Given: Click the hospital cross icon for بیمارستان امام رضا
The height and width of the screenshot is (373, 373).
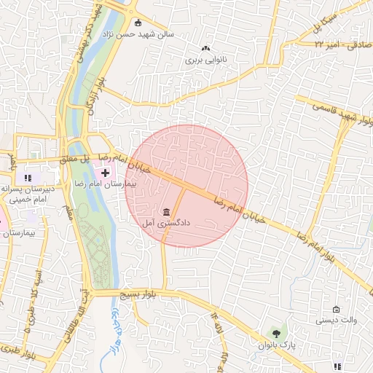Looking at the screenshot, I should click(x=106, y=173).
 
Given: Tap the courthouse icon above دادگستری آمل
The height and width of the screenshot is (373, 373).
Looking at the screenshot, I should click(x=167, y=212).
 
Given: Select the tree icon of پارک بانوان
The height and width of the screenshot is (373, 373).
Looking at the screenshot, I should click(x=275, y=333).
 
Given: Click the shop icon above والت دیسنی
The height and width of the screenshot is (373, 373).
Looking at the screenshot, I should click(x=335, y=310).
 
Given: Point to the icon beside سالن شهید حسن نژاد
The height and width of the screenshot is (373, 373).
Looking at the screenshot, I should click(x=138, y=22).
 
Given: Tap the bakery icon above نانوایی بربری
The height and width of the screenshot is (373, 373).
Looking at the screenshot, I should click(x=206, y=47).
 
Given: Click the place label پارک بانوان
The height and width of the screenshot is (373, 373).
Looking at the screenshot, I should click(x=276, y=345).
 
